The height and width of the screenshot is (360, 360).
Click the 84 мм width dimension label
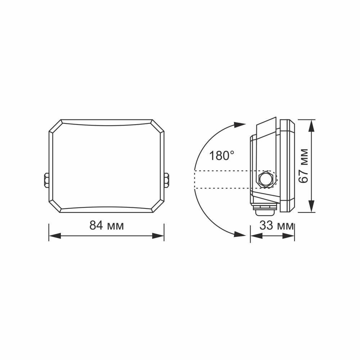click(x=107, y=225)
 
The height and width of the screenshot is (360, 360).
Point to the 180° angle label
click(x=222, y=156)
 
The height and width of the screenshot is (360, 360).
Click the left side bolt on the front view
click(x=46, y=180)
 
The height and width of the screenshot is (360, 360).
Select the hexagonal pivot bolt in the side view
click(x=266, y=179)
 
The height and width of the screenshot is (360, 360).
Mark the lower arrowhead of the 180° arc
click(x=239, y=234)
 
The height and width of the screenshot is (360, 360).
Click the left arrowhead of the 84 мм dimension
click(x=54, y=236)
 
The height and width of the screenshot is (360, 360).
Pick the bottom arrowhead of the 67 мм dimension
click(x=311, y=207)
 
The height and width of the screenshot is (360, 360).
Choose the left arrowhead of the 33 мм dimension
click(x=255, y=236)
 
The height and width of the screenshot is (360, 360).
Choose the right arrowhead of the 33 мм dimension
click(x=289, y=236)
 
